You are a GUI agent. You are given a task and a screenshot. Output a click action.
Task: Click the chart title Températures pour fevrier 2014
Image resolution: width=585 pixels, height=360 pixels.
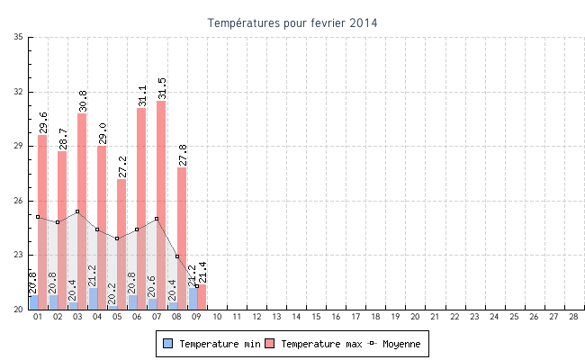[292, 22]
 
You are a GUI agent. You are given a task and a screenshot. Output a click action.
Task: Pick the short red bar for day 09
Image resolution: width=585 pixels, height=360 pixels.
[202, 297]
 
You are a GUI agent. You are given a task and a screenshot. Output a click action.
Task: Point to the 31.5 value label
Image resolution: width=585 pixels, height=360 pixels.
[162, 87]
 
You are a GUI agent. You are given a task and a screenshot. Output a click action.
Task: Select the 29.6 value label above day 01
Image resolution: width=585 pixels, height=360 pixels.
[43, 121]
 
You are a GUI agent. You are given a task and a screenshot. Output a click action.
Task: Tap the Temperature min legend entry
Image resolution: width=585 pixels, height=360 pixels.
[208, 344]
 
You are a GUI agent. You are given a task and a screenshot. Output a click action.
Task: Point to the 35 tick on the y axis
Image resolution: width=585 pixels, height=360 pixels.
[19, 37]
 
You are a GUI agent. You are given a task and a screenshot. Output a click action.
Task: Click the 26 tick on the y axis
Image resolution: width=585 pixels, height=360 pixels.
[19, 201]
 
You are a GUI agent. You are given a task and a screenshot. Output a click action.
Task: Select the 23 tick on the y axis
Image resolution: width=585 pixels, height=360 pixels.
[19, 255]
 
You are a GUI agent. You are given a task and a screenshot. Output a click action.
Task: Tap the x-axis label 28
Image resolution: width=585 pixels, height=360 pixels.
[573, 317]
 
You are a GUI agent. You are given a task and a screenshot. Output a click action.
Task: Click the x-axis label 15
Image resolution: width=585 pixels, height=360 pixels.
[316, 317]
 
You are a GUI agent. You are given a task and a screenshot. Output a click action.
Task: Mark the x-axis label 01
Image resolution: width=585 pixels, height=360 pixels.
[38, 317]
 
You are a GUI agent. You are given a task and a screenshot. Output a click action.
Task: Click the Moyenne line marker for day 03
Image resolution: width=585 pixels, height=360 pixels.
[77, 211]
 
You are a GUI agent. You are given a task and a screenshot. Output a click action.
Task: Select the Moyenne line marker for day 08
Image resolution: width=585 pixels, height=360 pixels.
[177, 256]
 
